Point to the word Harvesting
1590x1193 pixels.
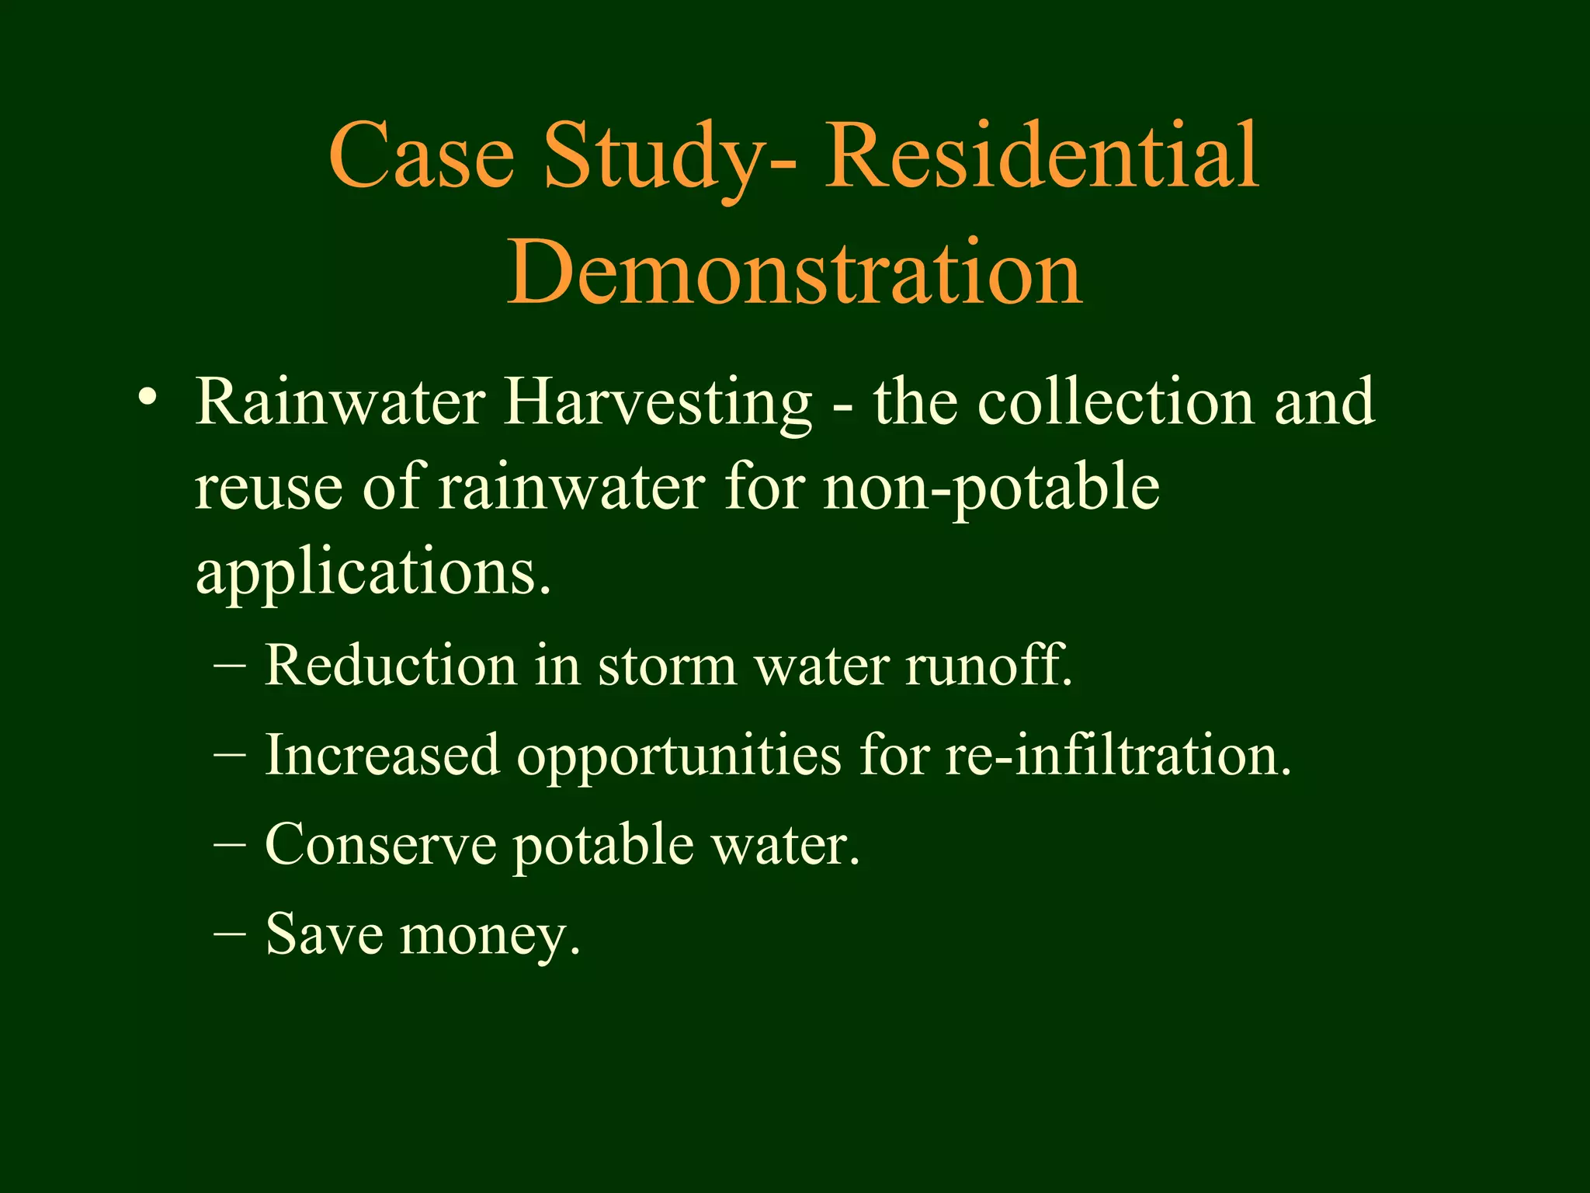tap(658, 404)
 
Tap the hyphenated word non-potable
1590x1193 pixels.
tap(991, 489)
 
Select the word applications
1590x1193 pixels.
tap(373, 575)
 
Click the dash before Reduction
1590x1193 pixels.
tap(230, 666)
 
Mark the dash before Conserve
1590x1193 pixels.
tap(230, 845)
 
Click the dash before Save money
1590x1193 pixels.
tap(230, 934)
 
